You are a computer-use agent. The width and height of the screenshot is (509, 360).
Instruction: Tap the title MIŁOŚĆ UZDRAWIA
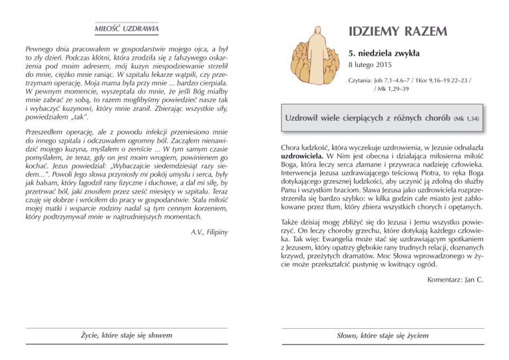click(x=127, y=29)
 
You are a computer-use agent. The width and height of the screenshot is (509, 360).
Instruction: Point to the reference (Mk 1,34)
click(x=466, y=119)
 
